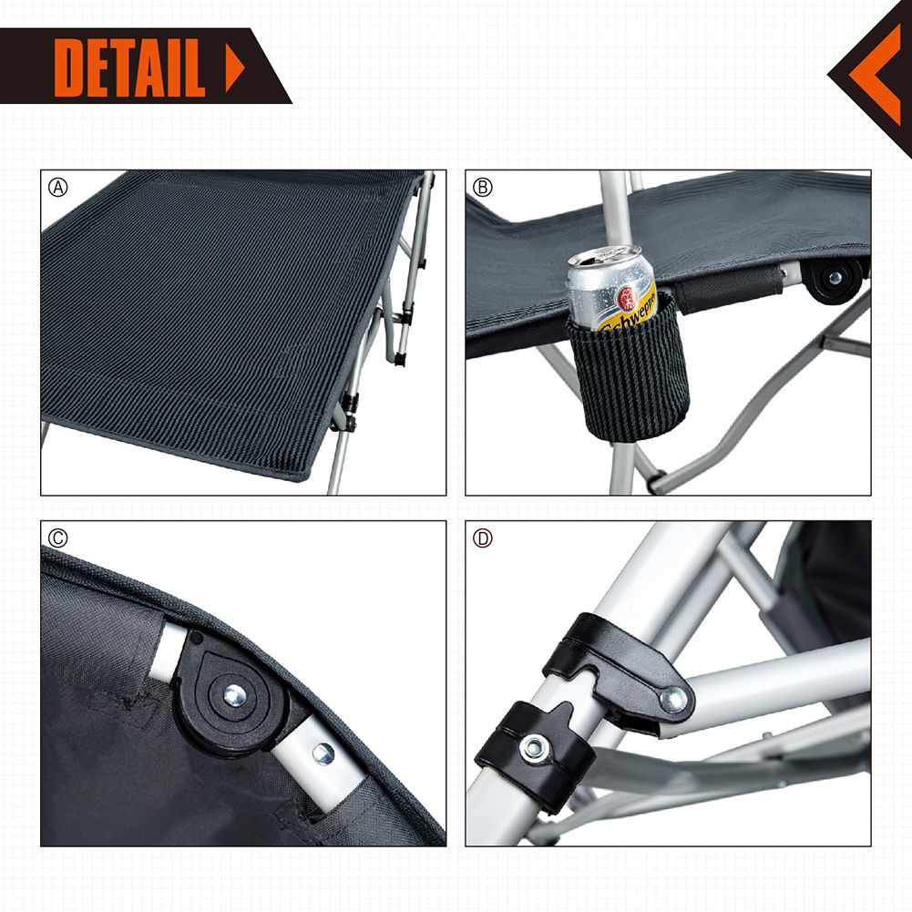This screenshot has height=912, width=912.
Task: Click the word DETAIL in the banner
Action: pos(129,67)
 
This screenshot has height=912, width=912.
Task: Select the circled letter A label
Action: pos(58,188)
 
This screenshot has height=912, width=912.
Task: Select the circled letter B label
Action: pos(483,188)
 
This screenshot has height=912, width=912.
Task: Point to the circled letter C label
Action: pos(58,538)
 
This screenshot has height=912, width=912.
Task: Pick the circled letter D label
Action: pos(483,538)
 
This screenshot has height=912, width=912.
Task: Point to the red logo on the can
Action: pos(629,297)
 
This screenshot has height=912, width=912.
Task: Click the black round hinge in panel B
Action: pos(834,279)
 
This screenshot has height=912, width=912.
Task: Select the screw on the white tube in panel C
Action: pos(323,753)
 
